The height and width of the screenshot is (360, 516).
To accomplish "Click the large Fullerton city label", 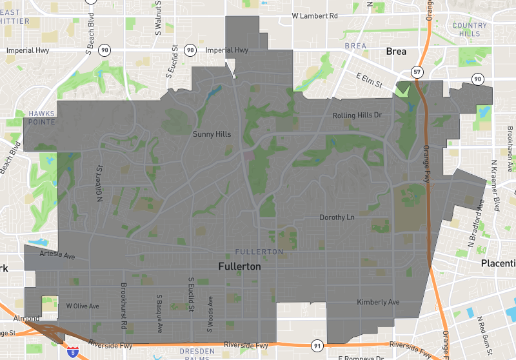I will coord(239,266).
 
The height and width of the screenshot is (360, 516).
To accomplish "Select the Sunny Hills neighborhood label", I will coord(212,134).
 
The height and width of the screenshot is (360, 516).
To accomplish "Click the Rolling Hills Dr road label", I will coord(357,115).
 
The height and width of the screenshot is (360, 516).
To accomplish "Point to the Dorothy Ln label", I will coord(337,217).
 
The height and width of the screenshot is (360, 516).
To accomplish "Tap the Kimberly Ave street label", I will coord(378,302).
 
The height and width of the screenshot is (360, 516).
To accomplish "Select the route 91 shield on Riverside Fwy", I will coord(316,346).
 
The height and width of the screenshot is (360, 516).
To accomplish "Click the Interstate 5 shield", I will coord(74,352).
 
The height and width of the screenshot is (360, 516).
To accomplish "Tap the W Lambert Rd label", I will coord(315,15).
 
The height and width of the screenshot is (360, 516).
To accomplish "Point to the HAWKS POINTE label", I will coord(42,117).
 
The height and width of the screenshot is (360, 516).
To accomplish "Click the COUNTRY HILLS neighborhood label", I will coord(470,29).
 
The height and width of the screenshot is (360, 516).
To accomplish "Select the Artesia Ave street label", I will coord(57,255).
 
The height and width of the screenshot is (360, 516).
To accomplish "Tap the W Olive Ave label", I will coord(83,306).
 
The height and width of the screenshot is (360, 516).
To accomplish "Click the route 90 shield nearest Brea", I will coord(477,79).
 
